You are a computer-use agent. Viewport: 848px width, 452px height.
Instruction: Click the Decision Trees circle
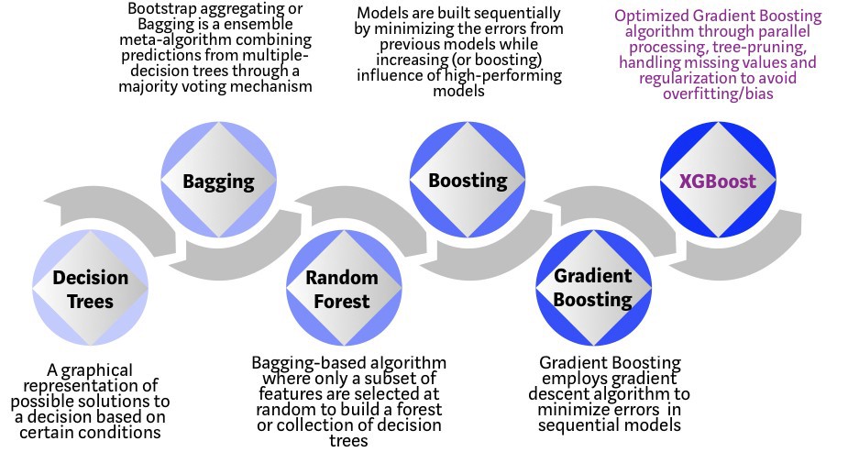click(x=89, y=288)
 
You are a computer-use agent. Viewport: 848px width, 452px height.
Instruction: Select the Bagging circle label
click(x=218, y=180)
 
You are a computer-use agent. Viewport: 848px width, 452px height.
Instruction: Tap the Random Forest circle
click(x=341, y=288)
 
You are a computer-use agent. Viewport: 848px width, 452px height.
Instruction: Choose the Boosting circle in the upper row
click(x=468, y=180)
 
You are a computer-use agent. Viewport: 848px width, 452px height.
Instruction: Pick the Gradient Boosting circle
click(x=592, y=288)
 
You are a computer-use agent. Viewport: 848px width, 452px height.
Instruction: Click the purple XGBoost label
click(x=717, y=180)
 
